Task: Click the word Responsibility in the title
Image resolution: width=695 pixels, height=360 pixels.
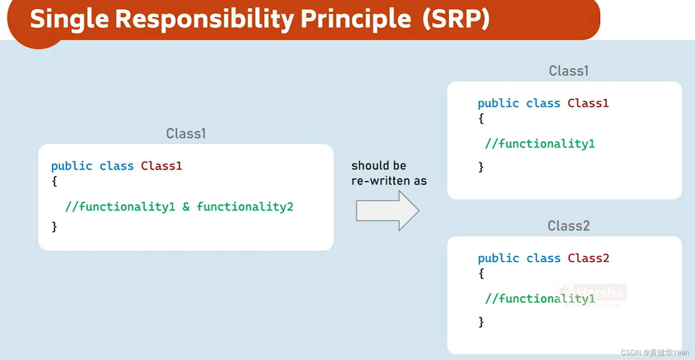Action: pyautogui.click(x=205, y=19)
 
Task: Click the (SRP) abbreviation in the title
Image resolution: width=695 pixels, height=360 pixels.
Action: pyautogui.click(x=456, y=19)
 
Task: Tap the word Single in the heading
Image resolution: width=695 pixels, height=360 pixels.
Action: pyautogui.click(x=69, y=19)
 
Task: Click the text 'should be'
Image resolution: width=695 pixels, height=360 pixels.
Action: pyautogui.click(x=378, y=165)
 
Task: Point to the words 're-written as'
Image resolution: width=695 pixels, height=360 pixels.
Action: pyautogui.click(x=389, y=181)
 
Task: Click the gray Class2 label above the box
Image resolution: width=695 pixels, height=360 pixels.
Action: pyautogui.click(x=568, y=226)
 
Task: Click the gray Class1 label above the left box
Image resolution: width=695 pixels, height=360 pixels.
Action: pyautogui.click(x=186, y=133)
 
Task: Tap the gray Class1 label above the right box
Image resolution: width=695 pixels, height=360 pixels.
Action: pyautogui.click(x=568, y=71)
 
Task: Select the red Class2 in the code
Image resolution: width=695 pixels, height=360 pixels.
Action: pyautogui.click(x=588, y=258)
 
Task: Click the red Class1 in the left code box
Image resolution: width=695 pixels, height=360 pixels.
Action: pyautogui.click(x=161, y=166)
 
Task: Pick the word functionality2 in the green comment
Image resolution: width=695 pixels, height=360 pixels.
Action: pyautogui.click(x=245, y=207)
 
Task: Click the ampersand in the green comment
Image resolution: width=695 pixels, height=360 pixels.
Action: pyautogui.click(x=186, y=207)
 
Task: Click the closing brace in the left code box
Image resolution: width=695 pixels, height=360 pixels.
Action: pyautogui.click(x=54, y=227)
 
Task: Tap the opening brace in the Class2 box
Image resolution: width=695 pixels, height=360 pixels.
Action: pyautogui.click(x=481, y=274)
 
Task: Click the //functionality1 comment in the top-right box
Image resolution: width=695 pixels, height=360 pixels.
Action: pyautogui.click(x=540, y=144)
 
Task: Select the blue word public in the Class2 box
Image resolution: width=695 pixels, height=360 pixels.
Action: pyautogui.click(x=498, y=258)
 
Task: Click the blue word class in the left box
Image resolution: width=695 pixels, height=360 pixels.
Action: pyautogui.click(x=116, y=166)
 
